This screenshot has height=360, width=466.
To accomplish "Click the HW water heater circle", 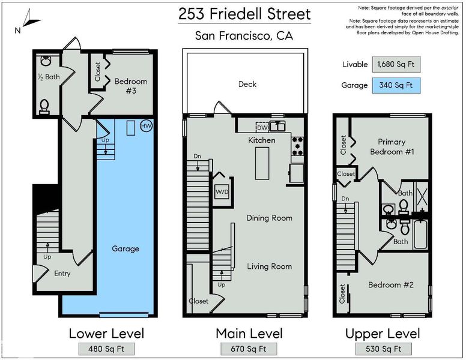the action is (x=146, y=126).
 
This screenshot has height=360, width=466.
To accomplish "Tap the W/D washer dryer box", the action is (x=222, y=191).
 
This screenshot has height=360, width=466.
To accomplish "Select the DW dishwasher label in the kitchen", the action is (x=262, y=128).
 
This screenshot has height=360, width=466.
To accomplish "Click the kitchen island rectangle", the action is (x=262, y=163).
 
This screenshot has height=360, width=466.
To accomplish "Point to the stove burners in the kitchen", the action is (x=297, y=146).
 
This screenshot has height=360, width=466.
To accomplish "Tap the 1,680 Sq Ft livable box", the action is (x=396, y=64).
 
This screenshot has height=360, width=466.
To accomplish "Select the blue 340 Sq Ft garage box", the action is (x=396, y=85).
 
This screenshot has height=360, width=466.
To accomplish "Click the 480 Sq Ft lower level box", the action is (x=106, y=349).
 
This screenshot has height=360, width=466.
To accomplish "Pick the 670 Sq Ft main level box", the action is (x=249, y=349).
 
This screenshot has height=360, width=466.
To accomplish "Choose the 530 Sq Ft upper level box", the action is (x=383, y=349).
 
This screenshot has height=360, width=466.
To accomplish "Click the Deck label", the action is (x=247, y=85).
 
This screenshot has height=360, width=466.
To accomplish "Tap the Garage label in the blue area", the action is (x=126, y=249).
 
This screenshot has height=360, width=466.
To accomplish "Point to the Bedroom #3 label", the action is (x=131, y=86).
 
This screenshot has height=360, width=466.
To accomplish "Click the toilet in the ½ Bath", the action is (x=44, y=107).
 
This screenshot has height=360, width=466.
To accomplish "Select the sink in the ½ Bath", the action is (x=46, y=61).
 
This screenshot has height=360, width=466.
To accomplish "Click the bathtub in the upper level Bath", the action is (x=420, y=235).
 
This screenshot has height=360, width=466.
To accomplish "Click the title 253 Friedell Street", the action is (x=244, y=14).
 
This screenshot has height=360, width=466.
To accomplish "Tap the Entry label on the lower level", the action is (x=62, y=274).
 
